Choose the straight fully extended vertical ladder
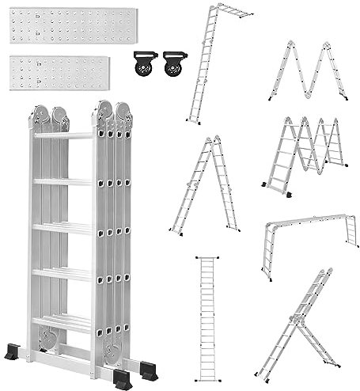208,317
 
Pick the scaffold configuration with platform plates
305,154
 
